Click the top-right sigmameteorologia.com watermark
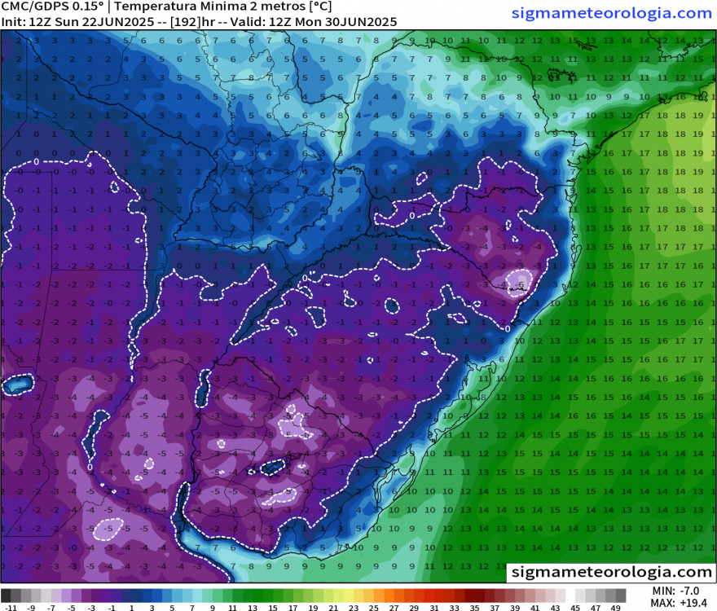612,13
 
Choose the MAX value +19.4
691,603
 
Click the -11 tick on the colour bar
11,607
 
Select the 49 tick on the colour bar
616,607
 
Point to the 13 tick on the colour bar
253,607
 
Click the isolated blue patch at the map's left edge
18,384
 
